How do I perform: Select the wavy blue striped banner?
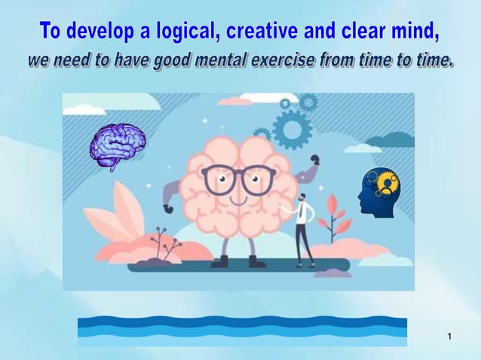click(x=241, y=331)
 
